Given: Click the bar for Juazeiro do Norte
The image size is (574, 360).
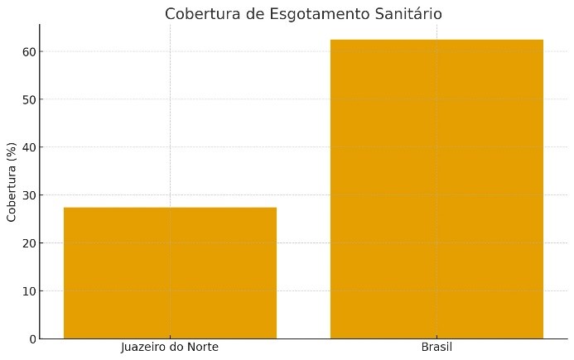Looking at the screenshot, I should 170,273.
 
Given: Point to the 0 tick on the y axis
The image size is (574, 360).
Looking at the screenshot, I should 31,339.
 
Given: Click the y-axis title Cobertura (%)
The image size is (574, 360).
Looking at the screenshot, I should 12,181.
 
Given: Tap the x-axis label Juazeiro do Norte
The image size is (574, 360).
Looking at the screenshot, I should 170,347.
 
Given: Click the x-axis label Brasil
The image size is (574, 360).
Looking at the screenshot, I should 437,347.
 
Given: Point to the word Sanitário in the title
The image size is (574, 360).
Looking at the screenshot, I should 406,14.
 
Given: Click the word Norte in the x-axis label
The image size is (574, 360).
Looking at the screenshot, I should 201,347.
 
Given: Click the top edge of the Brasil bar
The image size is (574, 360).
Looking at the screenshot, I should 437,40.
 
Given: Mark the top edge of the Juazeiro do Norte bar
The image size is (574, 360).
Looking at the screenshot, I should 170,208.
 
